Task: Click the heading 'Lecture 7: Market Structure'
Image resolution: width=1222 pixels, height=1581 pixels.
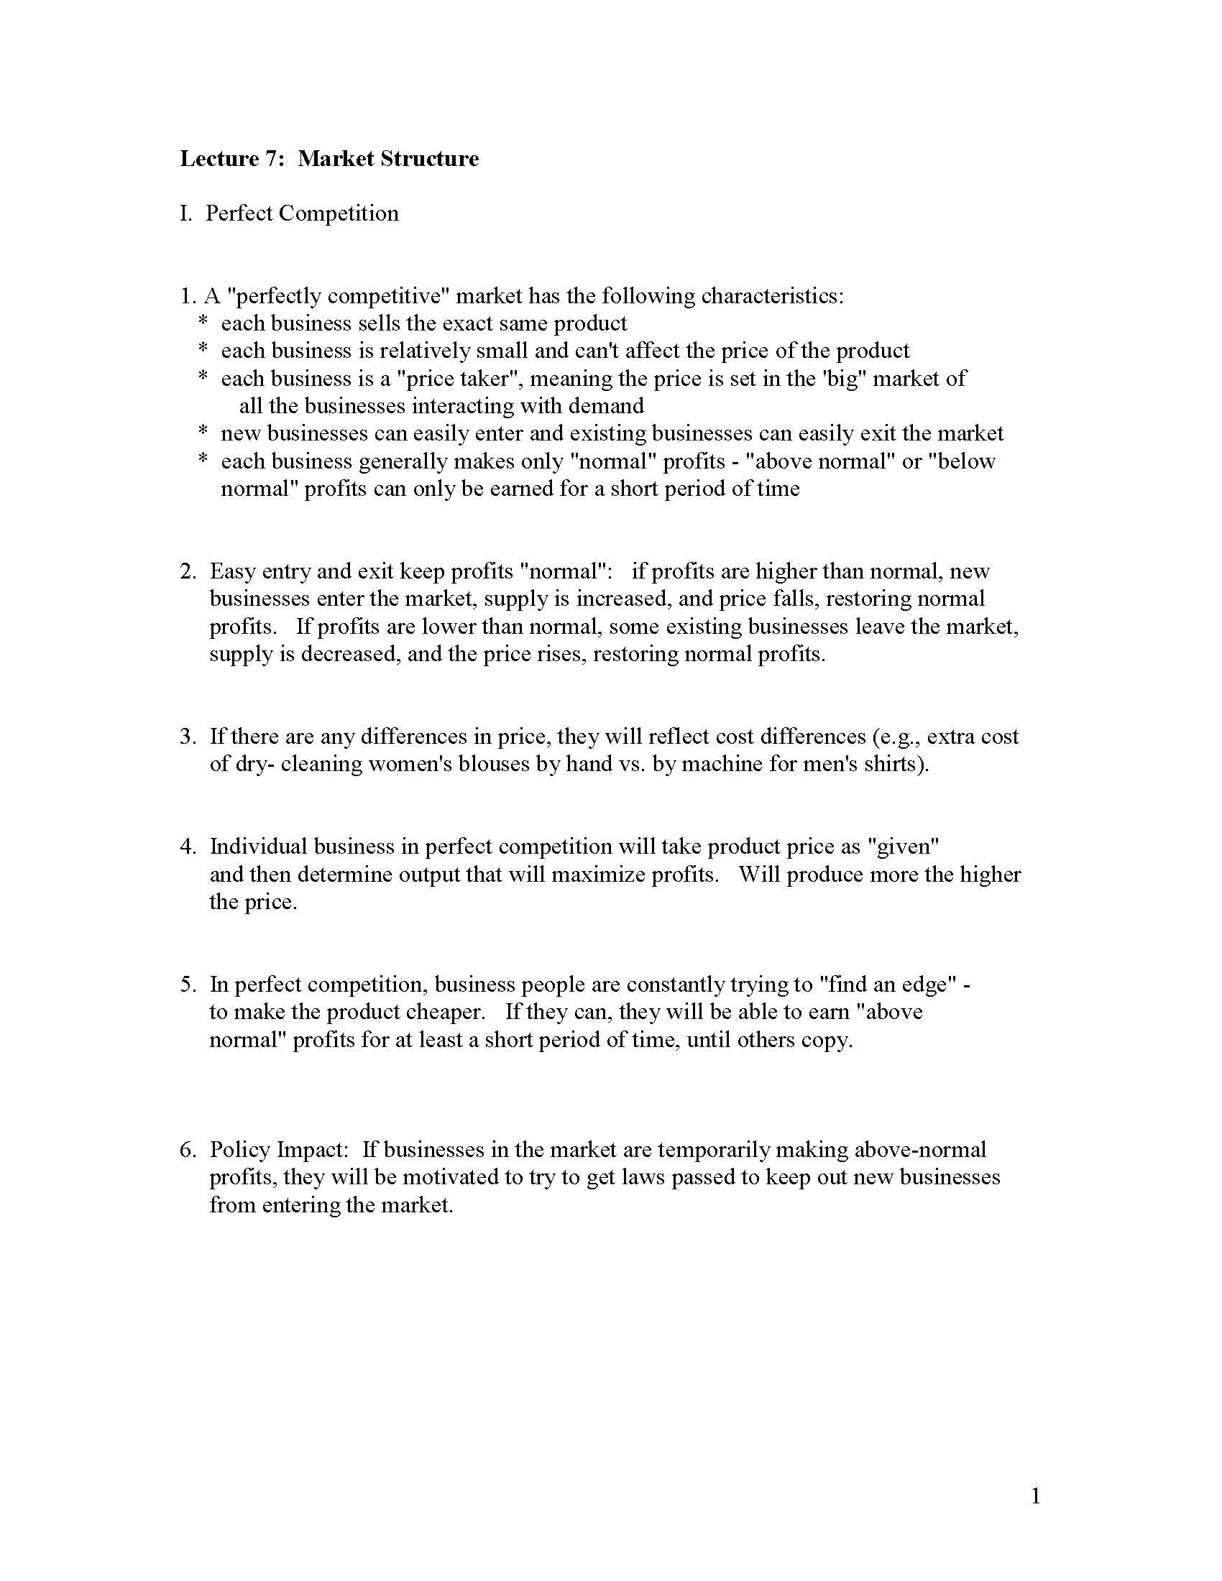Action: (329, 159)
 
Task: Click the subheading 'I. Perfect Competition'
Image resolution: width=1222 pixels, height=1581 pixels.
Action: (289, 213)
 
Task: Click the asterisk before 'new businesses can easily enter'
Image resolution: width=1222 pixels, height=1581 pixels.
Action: (203, 433)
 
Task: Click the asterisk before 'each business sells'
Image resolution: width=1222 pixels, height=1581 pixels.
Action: (203, 323)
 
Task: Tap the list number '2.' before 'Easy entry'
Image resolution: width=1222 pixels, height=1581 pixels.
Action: (188, 571)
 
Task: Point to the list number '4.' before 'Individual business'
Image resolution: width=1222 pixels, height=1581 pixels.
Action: (188, 847)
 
